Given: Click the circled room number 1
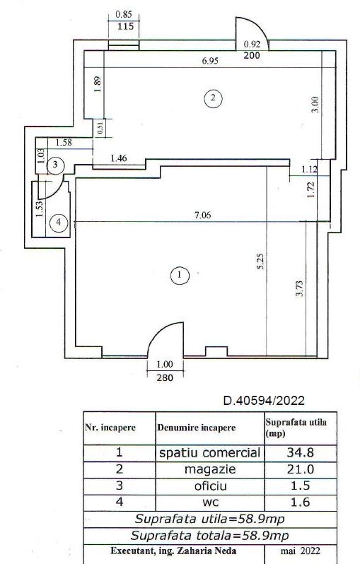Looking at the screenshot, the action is (179, 276).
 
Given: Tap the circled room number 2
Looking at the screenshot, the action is (213, 98).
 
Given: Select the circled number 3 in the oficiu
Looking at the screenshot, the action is (55, 165).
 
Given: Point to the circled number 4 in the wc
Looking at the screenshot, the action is (59, 223).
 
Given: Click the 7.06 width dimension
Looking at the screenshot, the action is (203, 215).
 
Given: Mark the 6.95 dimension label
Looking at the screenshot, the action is (210, 61).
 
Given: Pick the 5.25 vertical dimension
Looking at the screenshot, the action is (261, 261).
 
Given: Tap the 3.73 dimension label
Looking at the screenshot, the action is (298, 289).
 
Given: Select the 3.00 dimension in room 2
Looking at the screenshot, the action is (315, 105).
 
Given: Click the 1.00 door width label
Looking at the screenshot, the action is (165, 365).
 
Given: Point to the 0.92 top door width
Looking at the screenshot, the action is (252, 45).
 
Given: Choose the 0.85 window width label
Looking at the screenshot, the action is (124, 15).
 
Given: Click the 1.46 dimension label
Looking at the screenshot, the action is (119, 158).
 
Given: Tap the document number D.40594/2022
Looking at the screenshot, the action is (265, 400).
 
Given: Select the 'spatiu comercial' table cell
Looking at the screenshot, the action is (209, 452).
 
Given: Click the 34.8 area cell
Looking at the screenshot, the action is (301, 452).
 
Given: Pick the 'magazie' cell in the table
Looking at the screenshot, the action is (210, 469).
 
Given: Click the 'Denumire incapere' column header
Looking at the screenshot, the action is (196, 428).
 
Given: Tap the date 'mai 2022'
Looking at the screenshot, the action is (301, 551).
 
